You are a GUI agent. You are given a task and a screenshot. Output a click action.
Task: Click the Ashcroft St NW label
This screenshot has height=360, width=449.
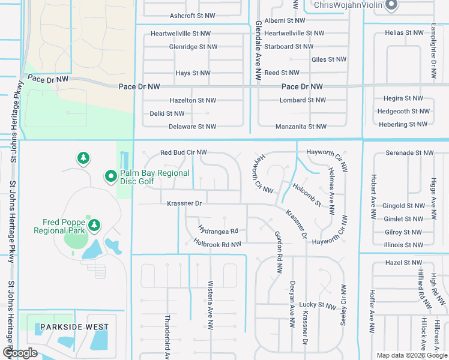(192, 16)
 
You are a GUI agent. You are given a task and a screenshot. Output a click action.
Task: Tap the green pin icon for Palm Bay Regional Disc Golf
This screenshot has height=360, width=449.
(110, 176)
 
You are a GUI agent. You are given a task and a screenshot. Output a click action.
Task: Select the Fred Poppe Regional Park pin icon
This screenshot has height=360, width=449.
(94, 225)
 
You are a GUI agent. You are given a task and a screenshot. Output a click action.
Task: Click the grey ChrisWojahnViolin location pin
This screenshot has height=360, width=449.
(391, 6)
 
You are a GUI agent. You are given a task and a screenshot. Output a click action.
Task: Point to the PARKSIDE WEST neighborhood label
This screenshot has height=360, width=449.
(71, 328)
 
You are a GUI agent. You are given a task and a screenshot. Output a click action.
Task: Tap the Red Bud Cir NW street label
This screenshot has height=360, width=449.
(183, 153)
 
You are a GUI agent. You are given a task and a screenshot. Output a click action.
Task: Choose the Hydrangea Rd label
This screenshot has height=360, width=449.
(218, 230)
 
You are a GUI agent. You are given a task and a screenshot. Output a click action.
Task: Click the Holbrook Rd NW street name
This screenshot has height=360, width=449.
(217, 244)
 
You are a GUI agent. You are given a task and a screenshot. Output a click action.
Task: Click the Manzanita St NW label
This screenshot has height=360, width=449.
(301, 127)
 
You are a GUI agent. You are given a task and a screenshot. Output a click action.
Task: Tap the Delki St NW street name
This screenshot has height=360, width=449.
(167, 113)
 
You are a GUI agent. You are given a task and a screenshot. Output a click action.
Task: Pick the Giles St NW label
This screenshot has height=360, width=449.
(329, 59)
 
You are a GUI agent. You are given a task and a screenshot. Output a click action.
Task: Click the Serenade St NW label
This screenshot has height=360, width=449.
(409, 153)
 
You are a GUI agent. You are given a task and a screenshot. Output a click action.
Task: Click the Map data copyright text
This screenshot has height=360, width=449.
(412, 355)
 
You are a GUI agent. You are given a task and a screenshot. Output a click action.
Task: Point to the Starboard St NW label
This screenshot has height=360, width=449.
(288, 46)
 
